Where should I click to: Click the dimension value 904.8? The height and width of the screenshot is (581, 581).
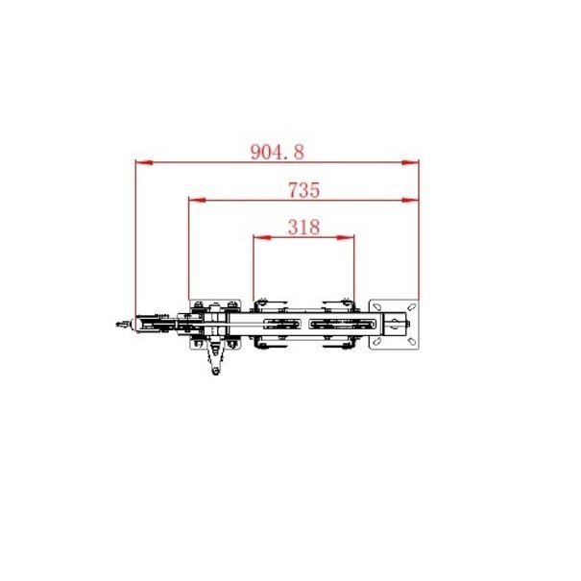(277, 151)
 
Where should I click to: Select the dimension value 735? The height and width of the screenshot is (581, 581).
(303, 190)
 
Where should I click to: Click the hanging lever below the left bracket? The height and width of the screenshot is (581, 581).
(216, 360)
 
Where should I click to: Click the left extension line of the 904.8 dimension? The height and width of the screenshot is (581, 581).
(135, 240)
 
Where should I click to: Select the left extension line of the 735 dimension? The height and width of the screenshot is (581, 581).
(189, 254)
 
